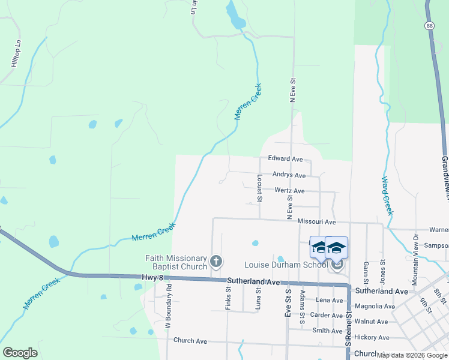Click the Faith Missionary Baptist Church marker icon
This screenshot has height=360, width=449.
[216, 262]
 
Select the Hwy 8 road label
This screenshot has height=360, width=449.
[153, 277]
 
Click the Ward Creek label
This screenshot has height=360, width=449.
[387, 196]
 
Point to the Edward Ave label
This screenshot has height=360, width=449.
[286, 159]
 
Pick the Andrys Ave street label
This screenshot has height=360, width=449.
[289, 175]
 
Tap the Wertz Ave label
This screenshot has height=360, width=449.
[289, 191]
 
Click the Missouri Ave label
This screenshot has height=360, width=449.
[316, 222]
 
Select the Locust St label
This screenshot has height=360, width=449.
[260, 188]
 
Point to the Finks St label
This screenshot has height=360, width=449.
[228, 297]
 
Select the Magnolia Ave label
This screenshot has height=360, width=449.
[375, 306]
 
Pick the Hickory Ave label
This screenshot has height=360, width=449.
[372, 337]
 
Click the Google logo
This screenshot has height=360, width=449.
[20, 353]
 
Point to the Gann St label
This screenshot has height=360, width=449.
[365, 269]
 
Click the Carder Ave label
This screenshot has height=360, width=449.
[327, 315]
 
